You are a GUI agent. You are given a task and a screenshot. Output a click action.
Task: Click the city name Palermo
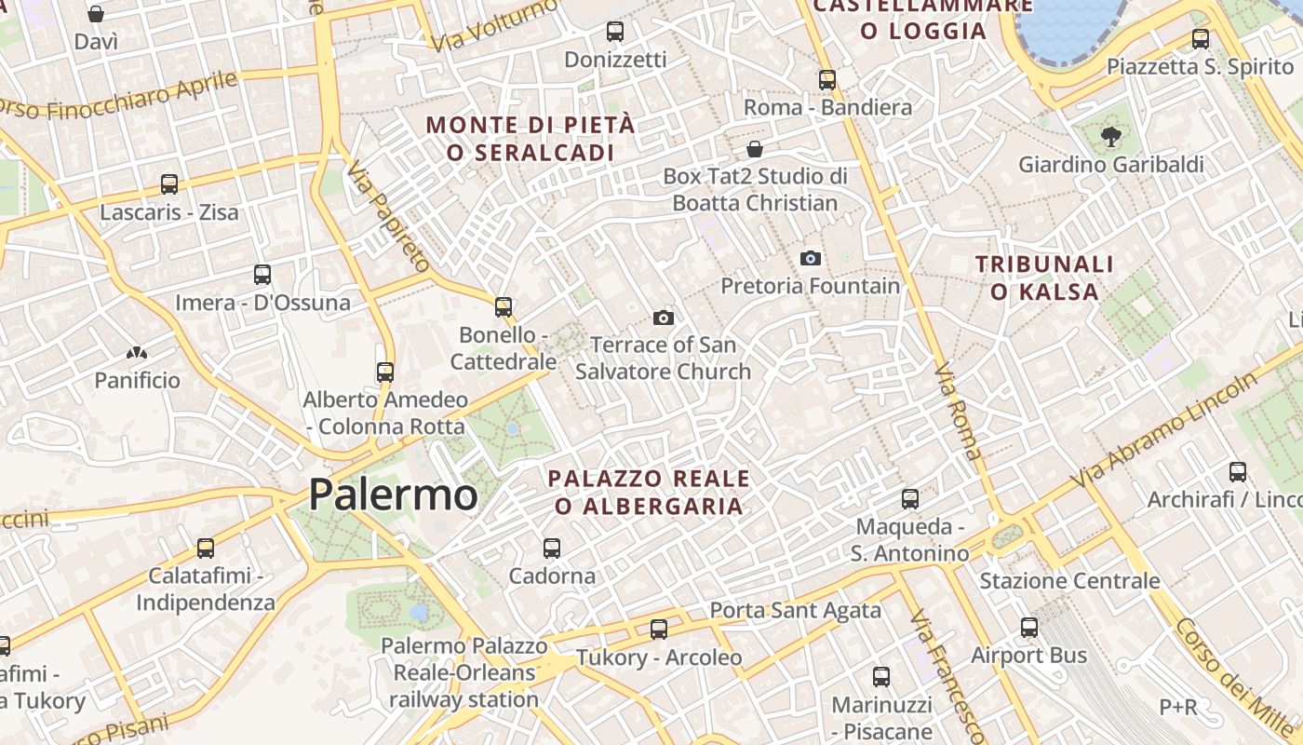pos(393,494)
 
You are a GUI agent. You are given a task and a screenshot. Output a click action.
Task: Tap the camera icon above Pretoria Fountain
pos(811,258)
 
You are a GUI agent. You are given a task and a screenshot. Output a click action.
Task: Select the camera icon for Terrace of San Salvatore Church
pos(664,318)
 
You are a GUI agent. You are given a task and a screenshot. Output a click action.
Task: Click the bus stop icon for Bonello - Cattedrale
pos(504,306)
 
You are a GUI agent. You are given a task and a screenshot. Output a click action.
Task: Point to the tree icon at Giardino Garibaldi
pos(1110,137)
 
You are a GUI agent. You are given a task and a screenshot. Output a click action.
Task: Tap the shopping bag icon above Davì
pos(96,14)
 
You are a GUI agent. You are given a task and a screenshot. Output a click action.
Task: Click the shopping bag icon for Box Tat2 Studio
pos(755,149)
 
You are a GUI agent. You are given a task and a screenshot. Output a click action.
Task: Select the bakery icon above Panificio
pos(137,353)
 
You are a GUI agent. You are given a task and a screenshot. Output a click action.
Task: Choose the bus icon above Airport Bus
pos(1029,628)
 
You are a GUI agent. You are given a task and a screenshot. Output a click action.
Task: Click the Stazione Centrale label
pos(1069,581)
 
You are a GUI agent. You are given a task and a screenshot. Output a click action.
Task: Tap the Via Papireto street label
pos(387,215)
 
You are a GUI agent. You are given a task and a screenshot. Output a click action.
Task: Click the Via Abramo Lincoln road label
pos(1163,432)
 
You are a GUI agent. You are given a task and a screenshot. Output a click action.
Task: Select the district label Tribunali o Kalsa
pos(1044,278)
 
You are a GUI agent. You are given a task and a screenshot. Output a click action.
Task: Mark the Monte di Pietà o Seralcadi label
pos(531,138)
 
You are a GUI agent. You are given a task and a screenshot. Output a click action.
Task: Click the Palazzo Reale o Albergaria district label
pos(649,492)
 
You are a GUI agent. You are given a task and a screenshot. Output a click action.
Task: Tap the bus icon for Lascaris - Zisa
pos(168,184)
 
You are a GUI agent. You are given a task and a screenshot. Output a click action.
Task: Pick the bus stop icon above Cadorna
pos(552,549)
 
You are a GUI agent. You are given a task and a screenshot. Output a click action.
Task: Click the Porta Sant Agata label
pos(795,611)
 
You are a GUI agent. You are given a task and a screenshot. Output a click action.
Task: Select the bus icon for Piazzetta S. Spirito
pos(1201,39)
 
